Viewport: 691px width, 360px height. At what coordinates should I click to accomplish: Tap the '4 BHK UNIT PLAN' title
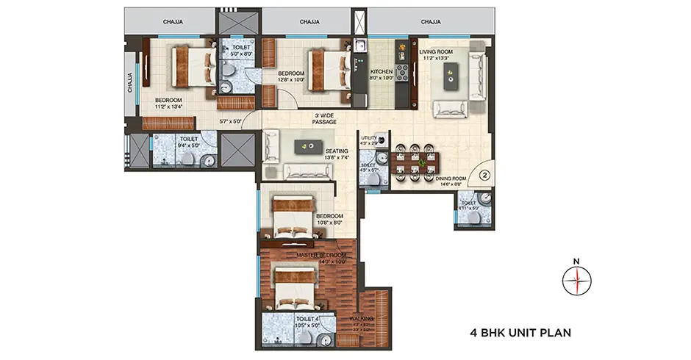(520, 332)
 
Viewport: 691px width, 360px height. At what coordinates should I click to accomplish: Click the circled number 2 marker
(484, 176)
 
